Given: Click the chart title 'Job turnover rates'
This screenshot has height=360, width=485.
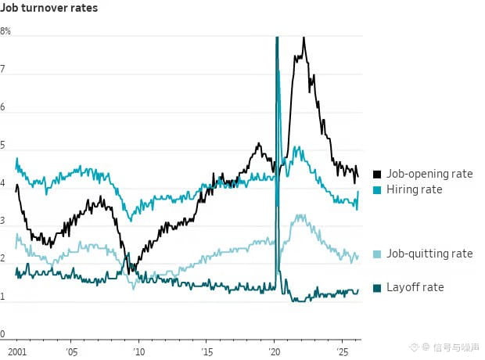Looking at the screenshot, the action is coord(48,8).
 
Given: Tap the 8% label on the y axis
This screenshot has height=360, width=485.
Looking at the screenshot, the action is coord(5,31).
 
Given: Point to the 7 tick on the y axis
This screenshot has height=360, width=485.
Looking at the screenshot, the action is coord(2,70).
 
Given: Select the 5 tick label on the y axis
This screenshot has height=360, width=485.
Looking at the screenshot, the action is coord(2,146).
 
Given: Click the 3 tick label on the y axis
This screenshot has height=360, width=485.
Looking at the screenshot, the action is coord(2,221).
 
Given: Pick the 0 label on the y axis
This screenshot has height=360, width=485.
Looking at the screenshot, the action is coord(2,334).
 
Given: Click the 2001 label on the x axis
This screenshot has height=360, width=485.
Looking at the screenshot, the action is coord(17,352).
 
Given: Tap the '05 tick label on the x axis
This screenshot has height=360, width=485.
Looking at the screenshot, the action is coord(71,352).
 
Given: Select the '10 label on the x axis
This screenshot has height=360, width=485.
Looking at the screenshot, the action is coord(139,352).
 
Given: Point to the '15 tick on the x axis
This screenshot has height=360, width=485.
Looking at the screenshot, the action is coord(207,352).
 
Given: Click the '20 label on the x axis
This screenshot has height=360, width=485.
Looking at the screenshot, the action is coord(275,352).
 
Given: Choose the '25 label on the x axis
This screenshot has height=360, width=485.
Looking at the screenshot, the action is coord(343,352).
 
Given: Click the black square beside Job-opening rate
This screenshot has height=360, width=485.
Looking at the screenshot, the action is coord(377,175).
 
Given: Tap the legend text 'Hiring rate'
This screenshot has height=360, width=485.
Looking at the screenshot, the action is coord(415,189).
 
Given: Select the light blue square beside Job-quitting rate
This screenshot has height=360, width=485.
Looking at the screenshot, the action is coord(377,254).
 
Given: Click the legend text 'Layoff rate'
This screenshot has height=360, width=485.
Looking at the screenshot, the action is coord(415,287).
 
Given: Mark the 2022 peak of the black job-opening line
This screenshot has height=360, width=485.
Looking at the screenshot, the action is coord(304,38).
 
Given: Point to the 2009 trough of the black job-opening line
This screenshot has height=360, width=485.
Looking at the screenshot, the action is coord(128,274).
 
